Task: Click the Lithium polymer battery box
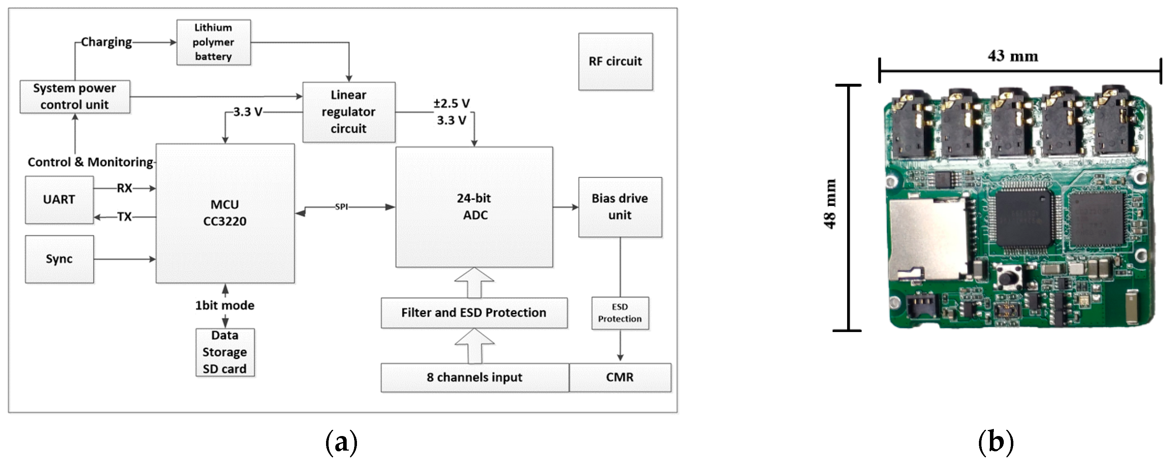[213, 42]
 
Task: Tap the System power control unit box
[75, 96]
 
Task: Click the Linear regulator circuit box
[348, 111]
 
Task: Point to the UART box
[59, 200]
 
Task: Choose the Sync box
[59, 259]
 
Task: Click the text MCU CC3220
[225, 213]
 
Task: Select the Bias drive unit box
[619, 207]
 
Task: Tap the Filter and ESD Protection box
[474, 312]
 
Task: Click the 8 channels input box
[474, 377]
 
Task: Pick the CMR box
[619, 377]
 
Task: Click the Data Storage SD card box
[225, 352]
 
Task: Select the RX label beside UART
[124, 188]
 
